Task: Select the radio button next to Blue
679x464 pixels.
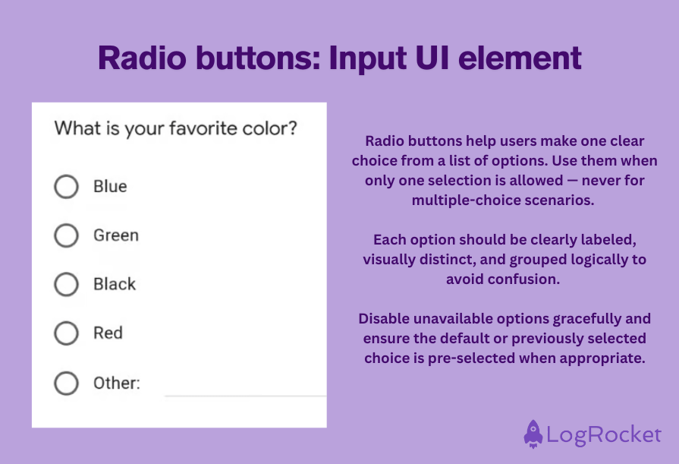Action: pyautogui.click(x=67, y=187)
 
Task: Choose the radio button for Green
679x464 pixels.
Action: pyautogui.click(x=67, y=235)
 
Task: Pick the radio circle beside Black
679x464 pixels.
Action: pyautogui.click(x=67, y=284)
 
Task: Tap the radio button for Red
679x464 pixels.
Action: pyautogui.click(x=67, y=333)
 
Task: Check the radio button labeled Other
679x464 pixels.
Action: pyautogui.click(x=67, y=383)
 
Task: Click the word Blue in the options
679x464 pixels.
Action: pyautogui.click(x=110, y=187)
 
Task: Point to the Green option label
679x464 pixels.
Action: pyautogui.click(x=116, y=235)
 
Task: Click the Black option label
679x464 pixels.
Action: pyautogui.click(x=115, y=284)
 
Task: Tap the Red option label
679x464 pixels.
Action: pyautogui.click(x=108, y=333)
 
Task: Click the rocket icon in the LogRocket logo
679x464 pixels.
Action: pyautogui.click(x=533, y=434)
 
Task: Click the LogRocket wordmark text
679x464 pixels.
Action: pyautogui.click(x=604, y=434)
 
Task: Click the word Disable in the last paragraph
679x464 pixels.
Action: pyautogui.click(x=384, y=318)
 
